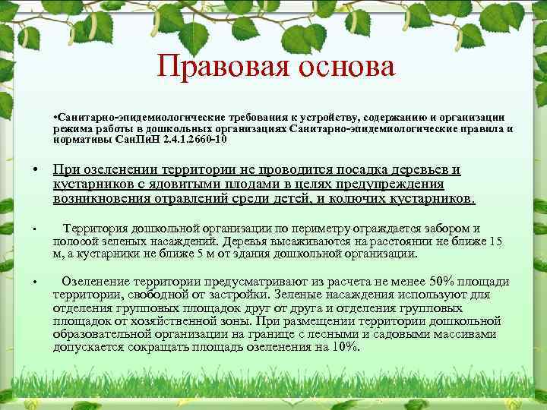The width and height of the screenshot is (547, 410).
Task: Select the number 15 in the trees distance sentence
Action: [x=495, y=241]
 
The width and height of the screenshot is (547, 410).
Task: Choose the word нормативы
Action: [x=84, y=140]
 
